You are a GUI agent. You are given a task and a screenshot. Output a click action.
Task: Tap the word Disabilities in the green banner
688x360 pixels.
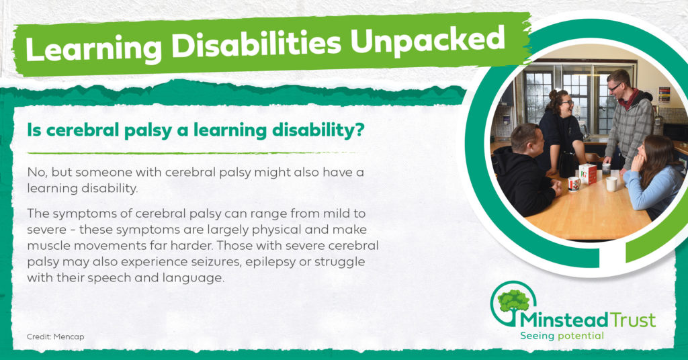[256, 44]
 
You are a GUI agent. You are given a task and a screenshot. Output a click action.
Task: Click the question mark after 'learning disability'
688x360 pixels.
[359, 130]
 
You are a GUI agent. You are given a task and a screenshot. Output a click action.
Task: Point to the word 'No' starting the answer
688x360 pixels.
[35, 173]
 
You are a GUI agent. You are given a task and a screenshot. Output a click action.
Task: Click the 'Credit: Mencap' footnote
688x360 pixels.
[55, 336]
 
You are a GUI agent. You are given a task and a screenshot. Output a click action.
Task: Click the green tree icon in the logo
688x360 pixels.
[514, 302]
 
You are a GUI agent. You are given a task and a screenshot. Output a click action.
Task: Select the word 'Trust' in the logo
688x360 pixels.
[633, 320]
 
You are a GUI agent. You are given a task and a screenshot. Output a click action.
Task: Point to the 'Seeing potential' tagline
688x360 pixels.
[562, 336]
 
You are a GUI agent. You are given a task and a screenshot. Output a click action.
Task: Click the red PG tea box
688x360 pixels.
[587, 174]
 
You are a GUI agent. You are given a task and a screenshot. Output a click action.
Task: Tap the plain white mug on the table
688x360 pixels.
[611, 184]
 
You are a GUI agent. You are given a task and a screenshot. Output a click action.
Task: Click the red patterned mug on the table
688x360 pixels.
[574, 184]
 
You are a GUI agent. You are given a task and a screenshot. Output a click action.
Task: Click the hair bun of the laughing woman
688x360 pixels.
[553, 94]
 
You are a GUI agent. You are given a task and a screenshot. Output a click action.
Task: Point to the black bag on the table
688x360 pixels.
[568, 164]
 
